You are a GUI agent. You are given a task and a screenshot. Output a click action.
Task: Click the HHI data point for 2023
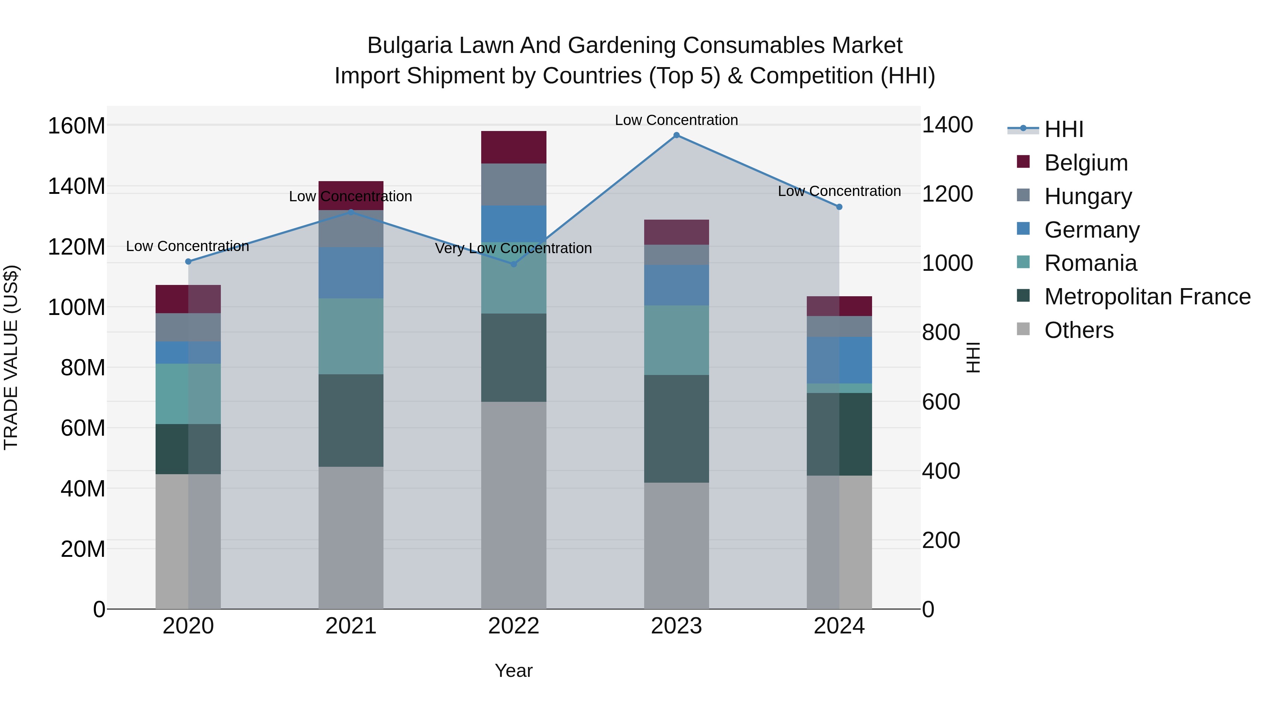coord(676,135)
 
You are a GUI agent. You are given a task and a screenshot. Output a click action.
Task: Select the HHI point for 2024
coord(839,207)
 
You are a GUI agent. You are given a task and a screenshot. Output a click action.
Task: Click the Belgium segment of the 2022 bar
coord(513,147)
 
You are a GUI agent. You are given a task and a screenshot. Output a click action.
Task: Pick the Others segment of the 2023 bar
coord(676,545)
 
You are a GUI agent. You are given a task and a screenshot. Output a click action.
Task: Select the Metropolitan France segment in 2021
coord(351,421)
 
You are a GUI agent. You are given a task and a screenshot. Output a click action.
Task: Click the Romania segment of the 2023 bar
coord(676,340)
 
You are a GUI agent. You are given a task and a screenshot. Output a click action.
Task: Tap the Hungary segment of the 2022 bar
coord(513,185)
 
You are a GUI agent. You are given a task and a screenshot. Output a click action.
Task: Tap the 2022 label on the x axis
coord(513,626)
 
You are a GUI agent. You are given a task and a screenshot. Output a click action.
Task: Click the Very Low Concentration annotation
coord(513,248)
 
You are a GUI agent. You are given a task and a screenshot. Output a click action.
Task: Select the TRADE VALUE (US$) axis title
coord(11,357)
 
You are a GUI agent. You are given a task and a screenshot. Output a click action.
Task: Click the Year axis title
coord(513,671)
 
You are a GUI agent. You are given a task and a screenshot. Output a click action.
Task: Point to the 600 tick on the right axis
coord(941,402)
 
